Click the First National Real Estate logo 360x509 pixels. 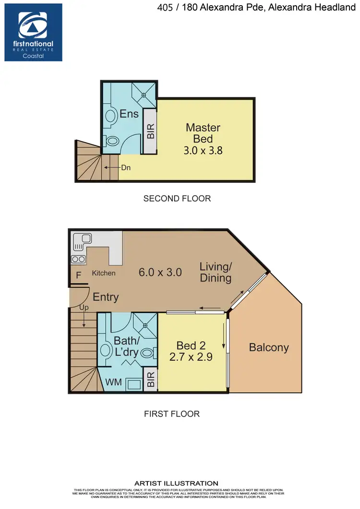(x=33, y=32)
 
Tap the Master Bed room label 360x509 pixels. (x=203, y=133)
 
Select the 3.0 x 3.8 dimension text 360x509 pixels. (x=203, y=150)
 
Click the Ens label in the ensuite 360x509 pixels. (x=129, y=114)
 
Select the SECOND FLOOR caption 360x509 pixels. (x=177, y=198)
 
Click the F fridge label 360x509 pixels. (x=78, y=276)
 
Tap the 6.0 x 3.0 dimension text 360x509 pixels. (x=160, y=272)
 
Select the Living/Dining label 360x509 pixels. (x=216, y=272)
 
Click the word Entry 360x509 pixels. (x=106, y=297)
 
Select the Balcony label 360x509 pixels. (x=269, y=347)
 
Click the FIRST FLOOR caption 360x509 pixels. (x=172, y=414)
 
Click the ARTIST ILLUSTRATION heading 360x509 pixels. (x=177, y=483)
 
